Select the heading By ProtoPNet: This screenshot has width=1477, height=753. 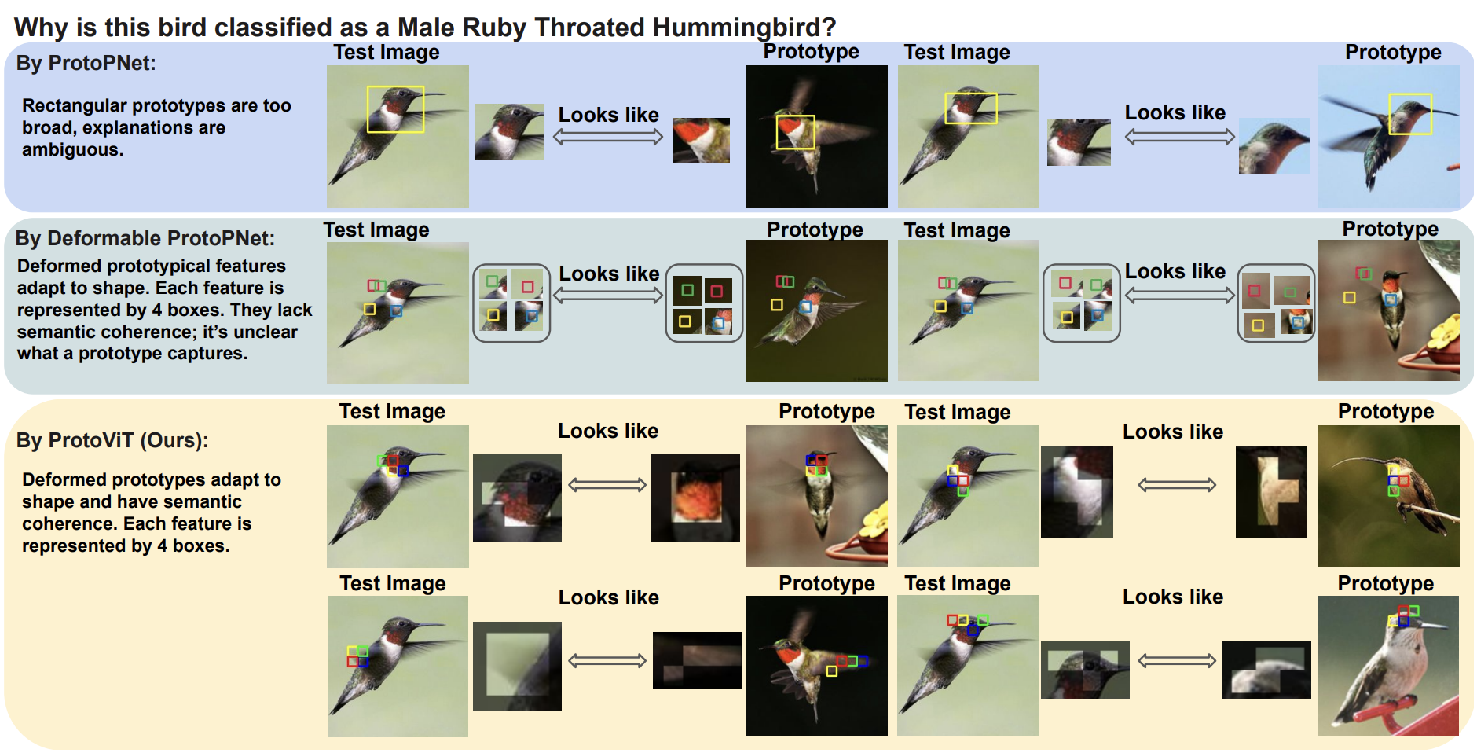86,63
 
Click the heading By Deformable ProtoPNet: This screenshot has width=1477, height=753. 145,238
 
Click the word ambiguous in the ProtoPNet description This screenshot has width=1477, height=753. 71,150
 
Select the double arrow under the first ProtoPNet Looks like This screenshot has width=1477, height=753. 608,138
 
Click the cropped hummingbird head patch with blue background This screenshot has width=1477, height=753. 1274,146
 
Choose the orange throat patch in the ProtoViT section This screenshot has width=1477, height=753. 695,498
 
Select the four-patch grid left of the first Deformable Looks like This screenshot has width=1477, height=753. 511,303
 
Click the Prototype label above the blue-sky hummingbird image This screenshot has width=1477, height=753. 1393,53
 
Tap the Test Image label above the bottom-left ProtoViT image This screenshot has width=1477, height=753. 392,583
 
